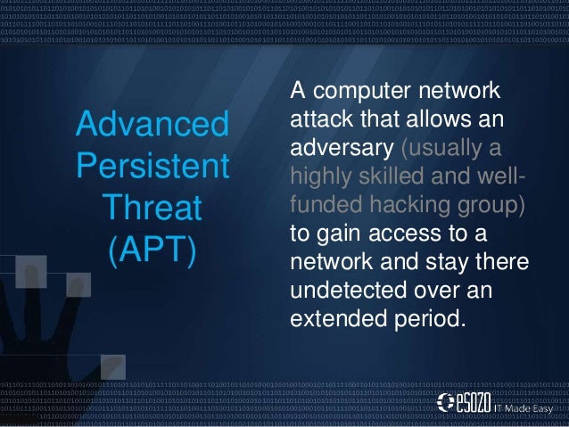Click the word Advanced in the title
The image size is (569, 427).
pyautogui.click(x=152, y=124)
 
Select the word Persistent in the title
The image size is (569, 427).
pyautogui.click(x=152, y=166)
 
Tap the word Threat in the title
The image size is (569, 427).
pyautogui.click(x=152, y=208)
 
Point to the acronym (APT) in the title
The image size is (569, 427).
pyautogui.click(x=152, y=250)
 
